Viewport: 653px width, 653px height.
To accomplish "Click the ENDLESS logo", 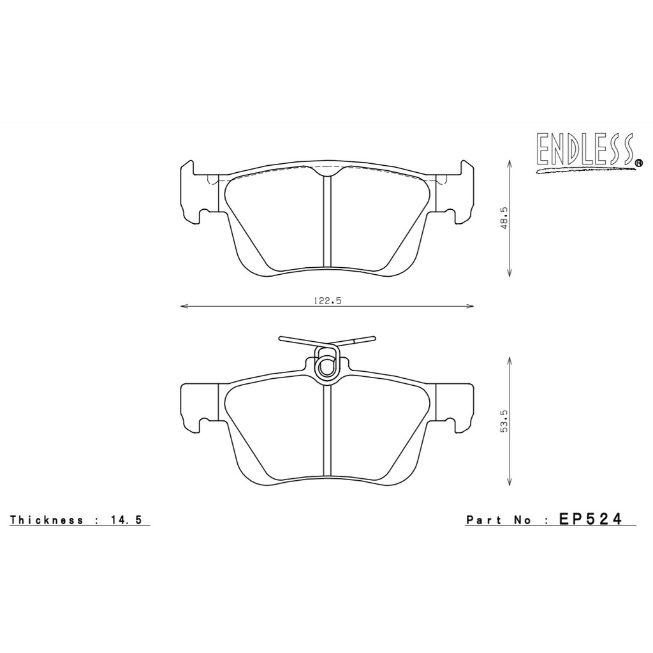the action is pos(587,152).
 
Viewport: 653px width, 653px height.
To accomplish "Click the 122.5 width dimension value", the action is pos(328,300).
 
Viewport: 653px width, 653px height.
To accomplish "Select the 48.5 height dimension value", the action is pos(505,219).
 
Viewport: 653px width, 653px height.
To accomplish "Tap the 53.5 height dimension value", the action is pos(505,422).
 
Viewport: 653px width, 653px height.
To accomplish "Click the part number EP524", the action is pos(591,519).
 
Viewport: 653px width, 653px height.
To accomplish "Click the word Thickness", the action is pos(47,520).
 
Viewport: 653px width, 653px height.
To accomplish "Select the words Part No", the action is pos(499,520).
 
